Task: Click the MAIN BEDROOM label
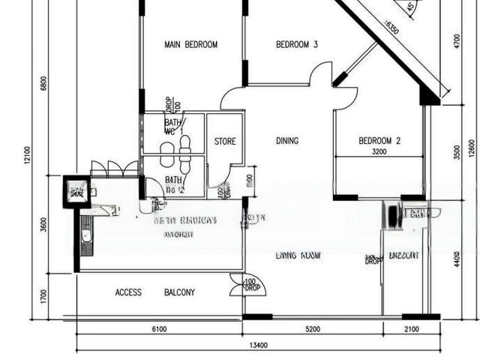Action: click(190, 45)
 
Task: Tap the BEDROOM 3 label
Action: click(297, 45)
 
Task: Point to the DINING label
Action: click(287, 141)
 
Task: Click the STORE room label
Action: click(225, 141)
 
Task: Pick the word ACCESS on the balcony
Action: click(128, 292)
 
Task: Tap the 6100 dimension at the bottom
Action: click(159, 329)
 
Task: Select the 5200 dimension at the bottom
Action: click(313, 329)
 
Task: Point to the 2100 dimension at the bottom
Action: click(411, 329)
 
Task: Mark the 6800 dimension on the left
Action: click(43, 82)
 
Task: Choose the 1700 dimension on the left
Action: click(43, 295)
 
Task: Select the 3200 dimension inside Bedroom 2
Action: click(379, 151)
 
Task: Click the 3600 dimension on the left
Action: click(43, 223)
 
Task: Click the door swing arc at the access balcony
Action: click(237, 281)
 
